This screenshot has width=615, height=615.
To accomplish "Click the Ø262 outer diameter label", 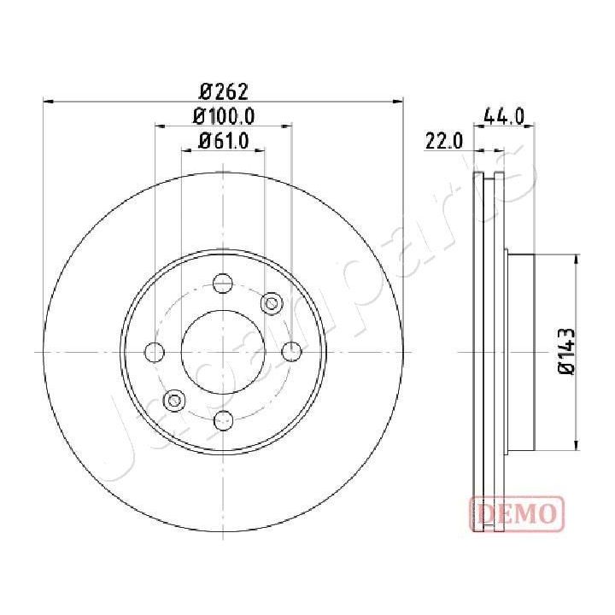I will pos(224,90).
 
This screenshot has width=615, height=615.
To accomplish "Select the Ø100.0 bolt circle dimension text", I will pos(224,116).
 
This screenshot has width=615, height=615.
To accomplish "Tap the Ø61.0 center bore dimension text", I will pos(224,142).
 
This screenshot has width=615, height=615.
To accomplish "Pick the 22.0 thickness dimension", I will pos(443,140).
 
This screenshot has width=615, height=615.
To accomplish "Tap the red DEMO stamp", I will pos(517,512).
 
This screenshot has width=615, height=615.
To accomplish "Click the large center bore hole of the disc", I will pos(223,351).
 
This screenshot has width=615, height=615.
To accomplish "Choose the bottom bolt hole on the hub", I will pos(223,419).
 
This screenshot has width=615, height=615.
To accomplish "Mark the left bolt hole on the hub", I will pos(155,351).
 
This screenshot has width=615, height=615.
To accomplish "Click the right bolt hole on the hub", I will pos(290,351).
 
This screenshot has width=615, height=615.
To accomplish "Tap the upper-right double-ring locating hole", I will pos(272,302).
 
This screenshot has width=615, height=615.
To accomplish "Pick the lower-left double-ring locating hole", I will pos(174,399).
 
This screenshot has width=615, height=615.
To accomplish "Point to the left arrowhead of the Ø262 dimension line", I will pos(48,101).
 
